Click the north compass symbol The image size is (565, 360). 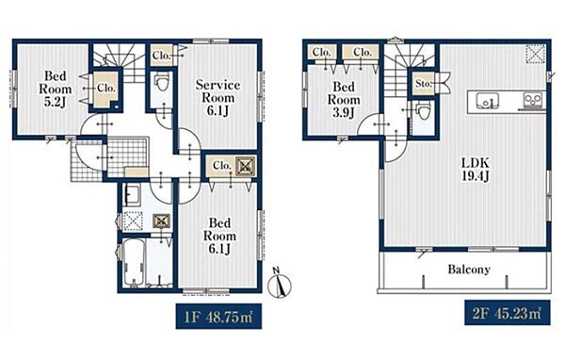pyautogui.click(x=280, y=284)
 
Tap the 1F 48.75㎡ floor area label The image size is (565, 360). pyautogui.click(x=218, y=317)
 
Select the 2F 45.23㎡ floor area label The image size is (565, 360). pyautogui.click(x=508, y=312)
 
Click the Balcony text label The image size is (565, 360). pyautogui.click(x=469, y=270)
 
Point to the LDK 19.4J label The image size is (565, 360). pyautogui.click(x=476, y=170)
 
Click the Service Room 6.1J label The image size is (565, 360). pyautogui.click(x=218, y=98)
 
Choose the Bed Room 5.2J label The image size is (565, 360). pyautogui.click(x=56, y=90)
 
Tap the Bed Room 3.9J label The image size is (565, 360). pyautogui.click(x=344, y=100)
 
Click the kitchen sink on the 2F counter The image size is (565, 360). pyautogui.click(x=487, y=101)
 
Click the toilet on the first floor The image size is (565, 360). pyautogui.click(x=161, y=83)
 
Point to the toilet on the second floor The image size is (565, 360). pyautogui.click(x=422, y=108)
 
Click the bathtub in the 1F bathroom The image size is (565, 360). pyautogui.click(x=134, y=262)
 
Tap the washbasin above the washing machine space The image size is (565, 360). pyautogui.click(x=132, y=195)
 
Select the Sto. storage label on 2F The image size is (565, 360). pyautogui.click(x=423, y=84)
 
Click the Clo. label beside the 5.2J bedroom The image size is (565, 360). pyautogui.click(x=106, y=88)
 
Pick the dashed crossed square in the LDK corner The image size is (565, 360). pyautogui.click(x=536, y=54)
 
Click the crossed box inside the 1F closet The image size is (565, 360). pyautogui.click(x=246, y=166)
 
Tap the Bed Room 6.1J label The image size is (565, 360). pyautogui.click(x=219, y=236)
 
